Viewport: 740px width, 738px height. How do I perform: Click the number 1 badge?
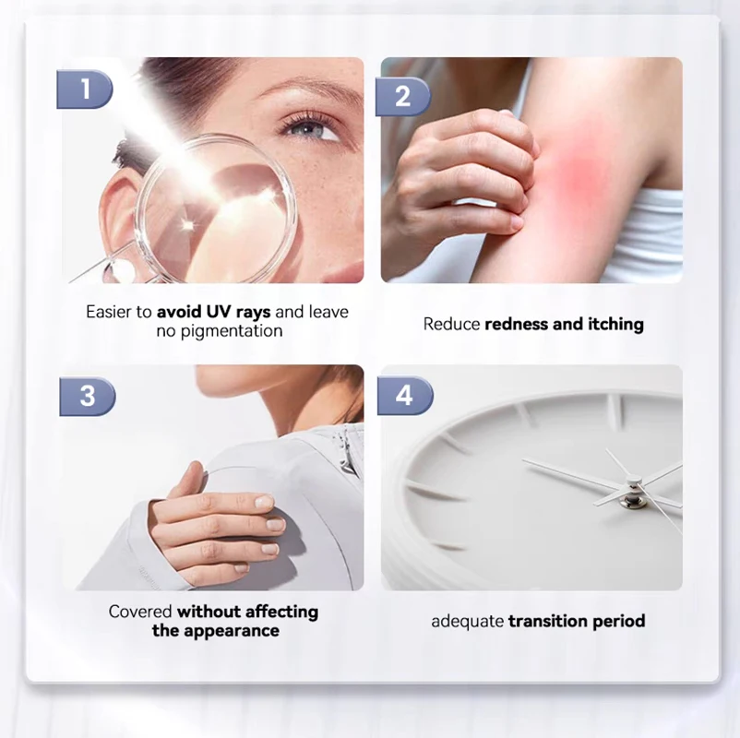click(85, 89)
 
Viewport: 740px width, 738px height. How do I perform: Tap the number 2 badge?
click(403, 96)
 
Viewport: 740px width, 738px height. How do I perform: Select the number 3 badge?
click(87, 396)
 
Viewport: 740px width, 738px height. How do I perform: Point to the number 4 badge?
click(404, 396)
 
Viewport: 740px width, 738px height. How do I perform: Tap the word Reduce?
click(451, 324)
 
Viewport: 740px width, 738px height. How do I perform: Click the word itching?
click(613, 324)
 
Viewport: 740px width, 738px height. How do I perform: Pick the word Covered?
click(140, 612)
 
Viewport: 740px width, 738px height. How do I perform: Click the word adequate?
click(467, 621)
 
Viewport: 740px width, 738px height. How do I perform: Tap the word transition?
click(550, 621)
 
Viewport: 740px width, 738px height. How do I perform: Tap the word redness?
click(519, 324)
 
